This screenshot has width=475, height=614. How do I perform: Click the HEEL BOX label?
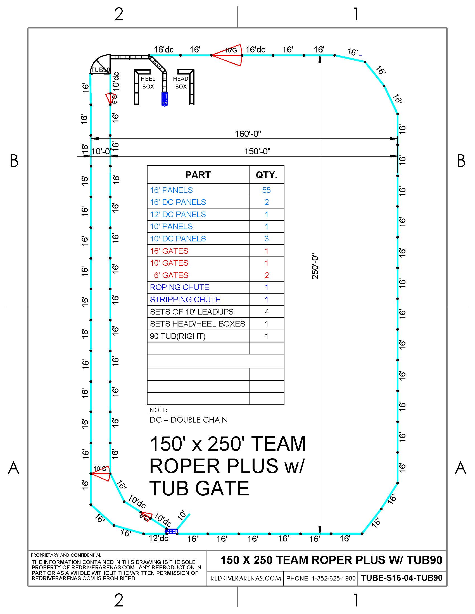(148, 83)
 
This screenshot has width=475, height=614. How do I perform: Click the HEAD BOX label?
(181, 83)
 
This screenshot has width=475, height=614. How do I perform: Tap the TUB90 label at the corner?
(101, 70)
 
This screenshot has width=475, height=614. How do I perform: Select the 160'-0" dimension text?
(248, 133)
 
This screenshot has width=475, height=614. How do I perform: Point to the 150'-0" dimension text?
(257, 151)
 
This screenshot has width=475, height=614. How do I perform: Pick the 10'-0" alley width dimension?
(101, 151)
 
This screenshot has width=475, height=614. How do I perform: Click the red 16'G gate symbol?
(227, 55)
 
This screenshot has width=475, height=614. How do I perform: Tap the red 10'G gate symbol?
(101, 473)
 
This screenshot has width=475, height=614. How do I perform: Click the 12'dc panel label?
(158, 538)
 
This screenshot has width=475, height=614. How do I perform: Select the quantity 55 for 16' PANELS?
(266, 190)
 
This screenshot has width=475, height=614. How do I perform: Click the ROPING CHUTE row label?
(180, 287)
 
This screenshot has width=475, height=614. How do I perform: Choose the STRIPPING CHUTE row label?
(185, 299)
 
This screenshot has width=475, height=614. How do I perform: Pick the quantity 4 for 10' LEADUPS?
(267, 311)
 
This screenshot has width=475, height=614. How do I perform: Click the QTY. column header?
(267, 175)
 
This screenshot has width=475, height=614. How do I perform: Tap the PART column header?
(198, 175)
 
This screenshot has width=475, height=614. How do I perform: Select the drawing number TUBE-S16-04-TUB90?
(402, 578)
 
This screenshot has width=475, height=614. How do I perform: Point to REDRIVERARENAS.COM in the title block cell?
(246, 578)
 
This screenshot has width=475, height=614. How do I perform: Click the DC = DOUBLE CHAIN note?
(189, 420)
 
